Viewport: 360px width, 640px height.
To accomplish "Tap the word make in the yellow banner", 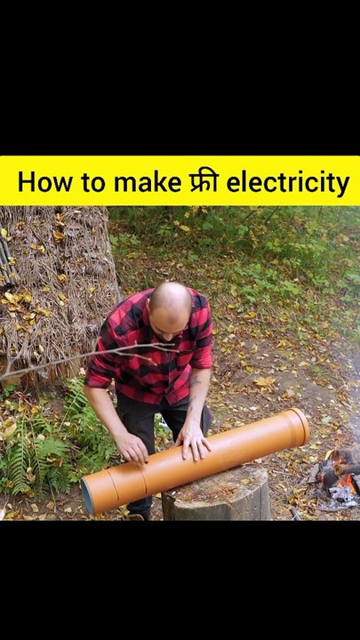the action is click(x=147, y=181).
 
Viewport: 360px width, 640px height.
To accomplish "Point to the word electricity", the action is click(x=288, y=183).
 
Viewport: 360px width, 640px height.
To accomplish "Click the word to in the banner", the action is click(x=93, y=183).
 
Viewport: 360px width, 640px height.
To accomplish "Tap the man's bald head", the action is click(x=170, y=301).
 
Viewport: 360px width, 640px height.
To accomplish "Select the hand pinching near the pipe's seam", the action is click(x=132, y=449).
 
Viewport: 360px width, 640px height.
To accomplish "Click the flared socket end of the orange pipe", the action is click(x=298, y=428).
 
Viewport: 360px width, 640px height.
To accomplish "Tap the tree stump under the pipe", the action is click(x=215, y=493).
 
